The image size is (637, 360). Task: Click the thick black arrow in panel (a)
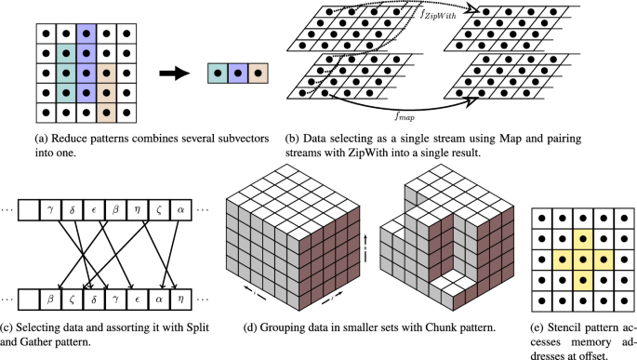pos(174,73)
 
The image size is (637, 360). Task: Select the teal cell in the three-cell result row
pos(218,73)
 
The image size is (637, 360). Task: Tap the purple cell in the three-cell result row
pos(238,73)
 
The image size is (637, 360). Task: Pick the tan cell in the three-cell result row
pos(258,73)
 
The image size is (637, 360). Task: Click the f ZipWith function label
pos(438,15)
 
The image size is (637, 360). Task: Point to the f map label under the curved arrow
pos(405,117)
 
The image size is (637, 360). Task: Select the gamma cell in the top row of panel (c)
pos(50,210)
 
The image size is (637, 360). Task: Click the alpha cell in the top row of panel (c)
pos(180,210)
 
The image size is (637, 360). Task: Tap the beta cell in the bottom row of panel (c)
pos(50,300)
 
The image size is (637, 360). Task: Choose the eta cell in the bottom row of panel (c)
pos(180,300)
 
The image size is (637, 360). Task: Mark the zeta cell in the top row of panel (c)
pos(159,210)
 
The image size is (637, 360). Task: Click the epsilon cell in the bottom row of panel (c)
pos(138,300)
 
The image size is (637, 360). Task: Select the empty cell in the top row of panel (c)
pos(29,210)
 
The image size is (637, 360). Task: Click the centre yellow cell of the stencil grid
pos(583,260)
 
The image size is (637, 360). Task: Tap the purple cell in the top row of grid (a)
pos(86,33)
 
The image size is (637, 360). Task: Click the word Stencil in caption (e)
pos(566,327)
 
